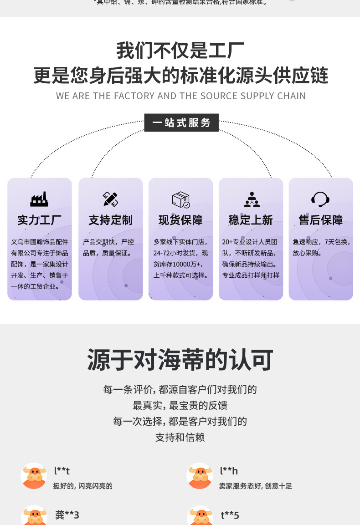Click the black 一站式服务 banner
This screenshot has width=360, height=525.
[x=181, y=122]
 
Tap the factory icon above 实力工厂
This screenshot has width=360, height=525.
[x=39, y=199]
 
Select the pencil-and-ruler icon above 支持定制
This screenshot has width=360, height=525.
[x=110, y=199]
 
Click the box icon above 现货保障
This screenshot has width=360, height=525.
[x=180, y=199]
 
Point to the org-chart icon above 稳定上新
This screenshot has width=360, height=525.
[x=251, y=199]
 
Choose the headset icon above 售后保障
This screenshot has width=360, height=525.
[x=320, y=199]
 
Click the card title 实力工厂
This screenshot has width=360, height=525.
[x=40, y=220]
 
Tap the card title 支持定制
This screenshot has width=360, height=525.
[x=110, y=220]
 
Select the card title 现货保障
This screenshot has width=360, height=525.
[x=180, y=220]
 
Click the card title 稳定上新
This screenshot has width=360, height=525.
[x=251, y=220]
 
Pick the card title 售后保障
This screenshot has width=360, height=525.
[x=321, y=220]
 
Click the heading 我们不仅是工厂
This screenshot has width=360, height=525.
[x=180, y=51]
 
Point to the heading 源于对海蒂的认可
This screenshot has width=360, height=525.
[x=180, y=360]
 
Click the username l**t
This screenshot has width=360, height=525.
[x=62, y=471]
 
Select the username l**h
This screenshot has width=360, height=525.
[x=229, y=471]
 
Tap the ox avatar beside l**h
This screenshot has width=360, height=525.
[x=200, y=476]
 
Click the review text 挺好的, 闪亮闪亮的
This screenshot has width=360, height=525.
[x=83, y=486]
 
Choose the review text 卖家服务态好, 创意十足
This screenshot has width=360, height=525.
[x=256, y=486]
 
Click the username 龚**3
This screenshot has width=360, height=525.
[x=67, y=515]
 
